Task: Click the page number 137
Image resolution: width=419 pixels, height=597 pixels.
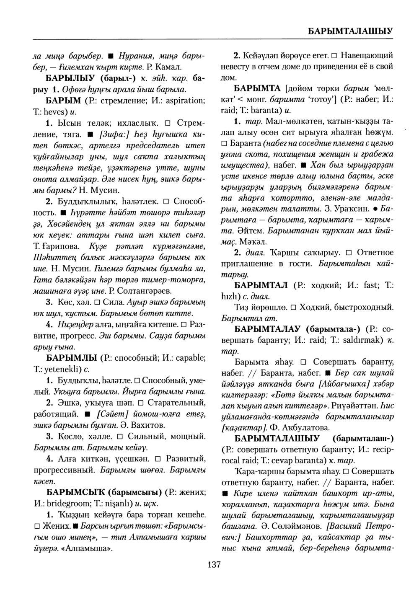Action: (214, 565)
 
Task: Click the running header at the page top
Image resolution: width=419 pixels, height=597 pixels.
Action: (350, 31)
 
